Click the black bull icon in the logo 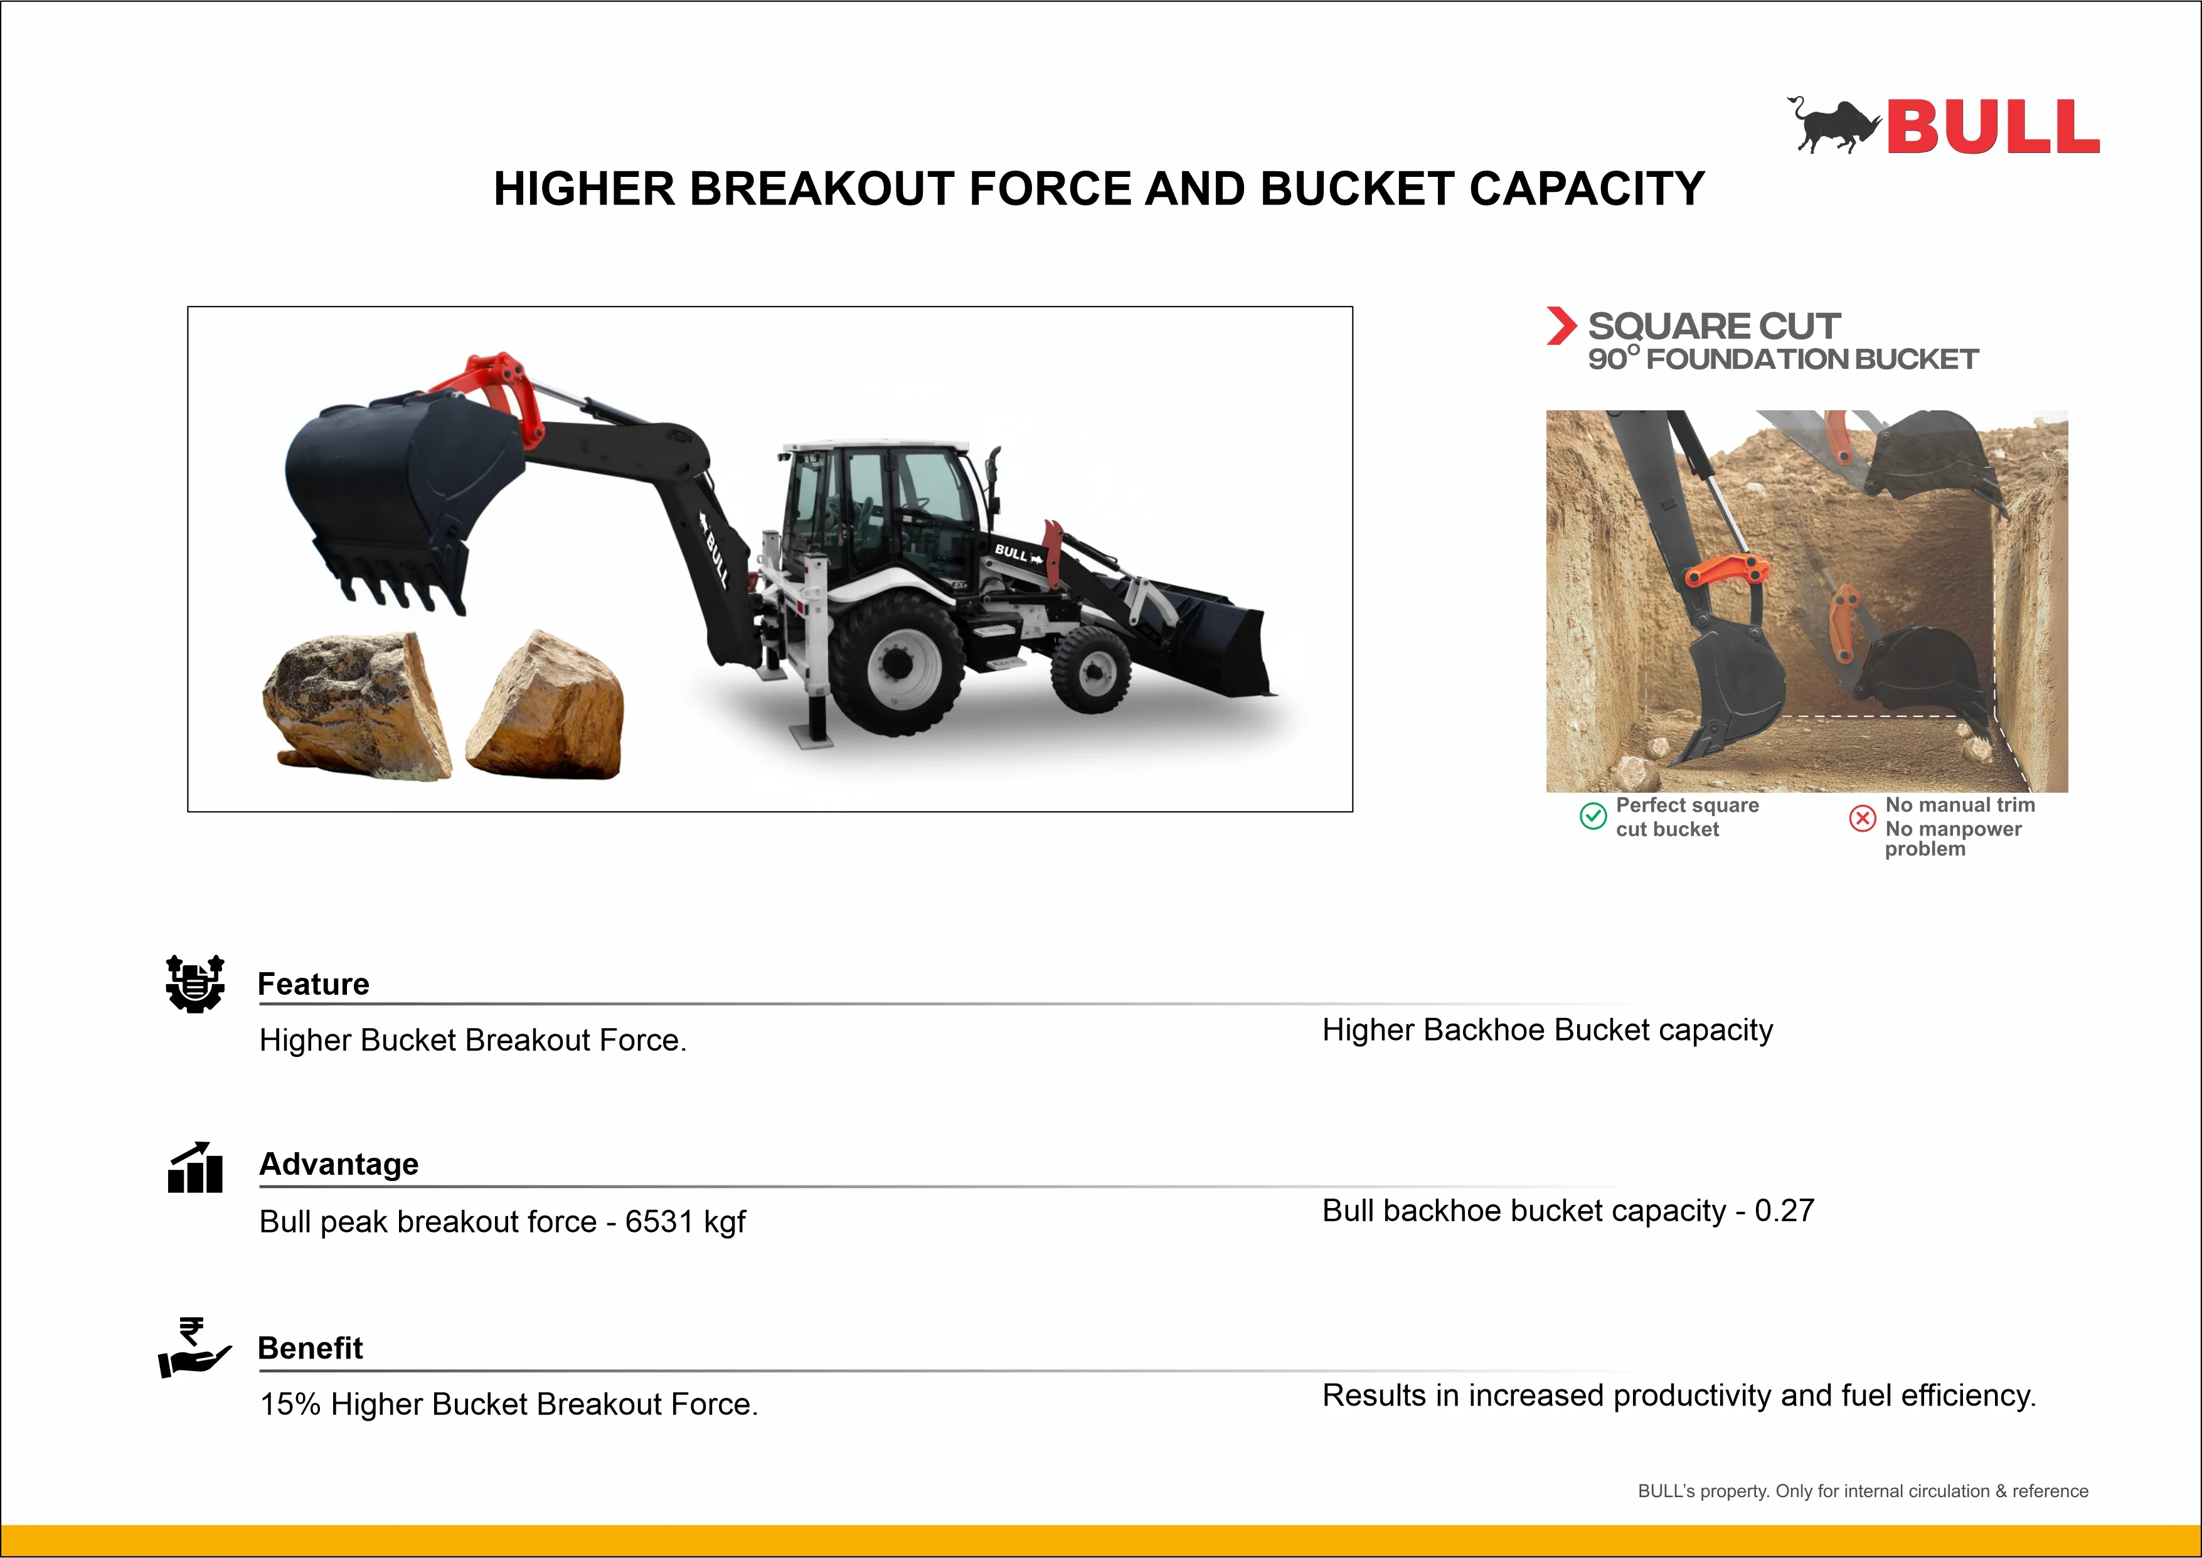[1832, 125]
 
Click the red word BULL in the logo [1993, 127]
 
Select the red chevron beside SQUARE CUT [1561, 326]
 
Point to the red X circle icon [1863, 817]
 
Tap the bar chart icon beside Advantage [194, 1167]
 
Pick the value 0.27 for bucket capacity [1785, 1211]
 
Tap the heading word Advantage [339, 1163]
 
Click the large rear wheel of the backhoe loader [897, 663]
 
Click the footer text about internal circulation [1863, 1491]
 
